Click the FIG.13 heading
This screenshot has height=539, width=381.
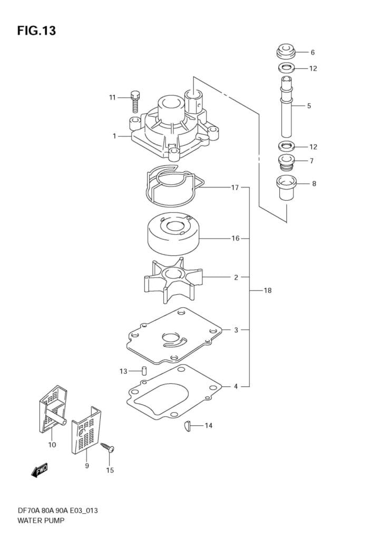coord(36,31)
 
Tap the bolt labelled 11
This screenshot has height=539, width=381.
coord(135,102)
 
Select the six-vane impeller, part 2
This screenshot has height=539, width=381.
coord(173,280)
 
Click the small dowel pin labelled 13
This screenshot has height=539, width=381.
coord(145,371)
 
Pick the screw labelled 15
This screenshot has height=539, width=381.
coord(108,447)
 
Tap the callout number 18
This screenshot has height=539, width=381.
coord(267,291)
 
